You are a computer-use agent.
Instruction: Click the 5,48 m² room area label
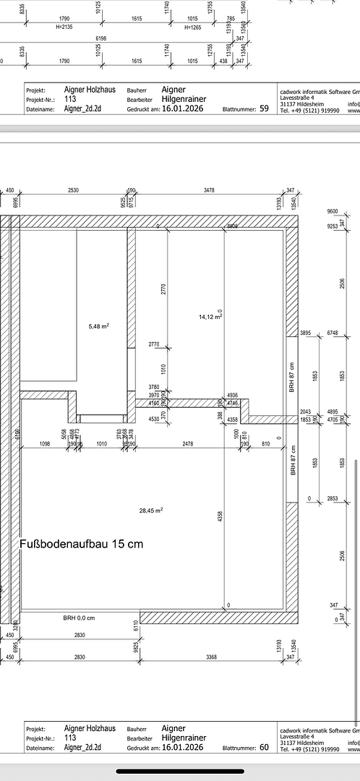pos(98,326)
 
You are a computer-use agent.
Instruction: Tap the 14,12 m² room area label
pos(210,316)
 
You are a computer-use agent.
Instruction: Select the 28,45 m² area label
pos(151,510)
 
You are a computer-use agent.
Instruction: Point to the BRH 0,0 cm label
pos(78,618)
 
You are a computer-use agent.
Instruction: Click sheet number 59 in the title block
pos(264,108)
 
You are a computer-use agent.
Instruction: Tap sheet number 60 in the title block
pos(264,748)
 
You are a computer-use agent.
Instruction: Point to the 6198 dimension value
pos(100,38)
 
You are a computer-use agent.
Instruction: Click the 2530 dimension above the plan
pos(73,190)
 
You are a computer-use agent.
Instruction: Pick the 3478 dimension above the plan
pos(210,190)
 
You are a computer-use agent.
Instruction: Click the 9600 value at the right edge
pos(333,211)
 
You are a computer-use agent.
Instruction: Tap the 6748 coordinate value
pos(333,333)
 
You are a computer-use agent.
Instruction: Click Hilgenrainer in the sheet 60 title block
pos(184,738)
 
